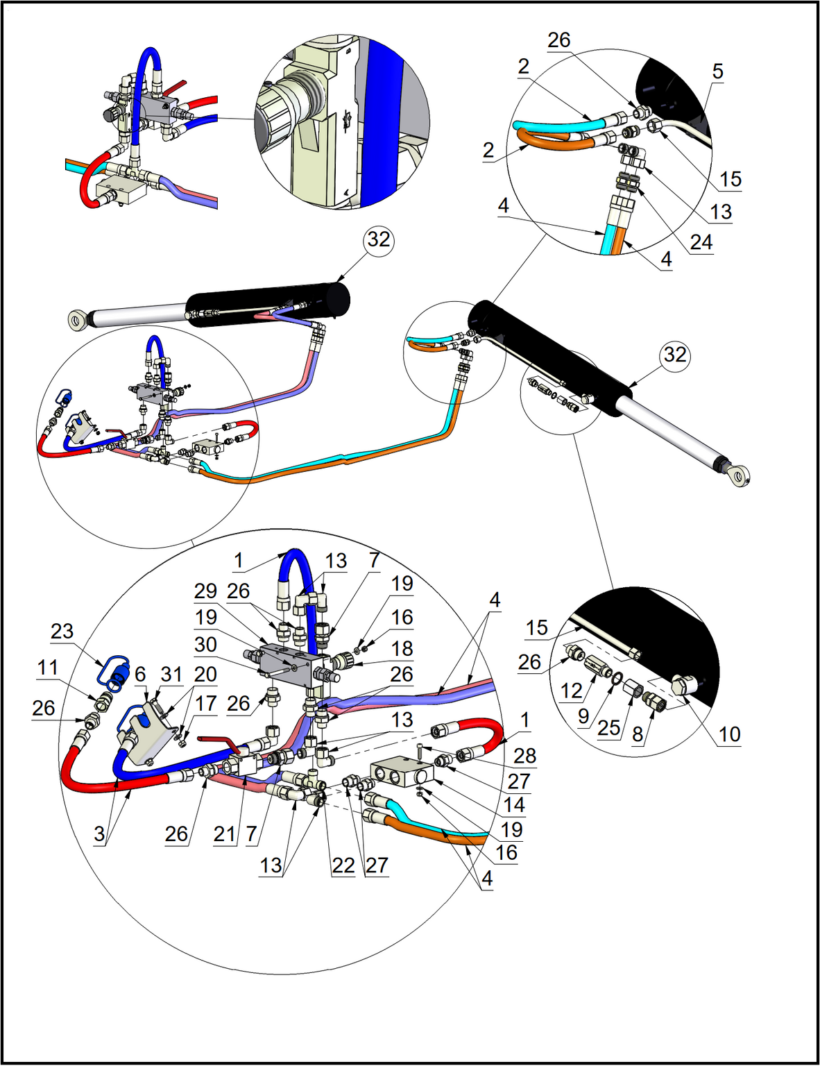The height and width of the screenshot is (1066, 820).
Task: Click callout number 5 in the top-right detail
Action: click(717, 71)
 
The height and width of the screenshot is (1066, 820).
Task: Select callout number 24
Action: click(701, 242)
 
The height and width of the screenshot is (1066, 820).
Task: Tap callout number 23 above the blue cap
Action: click(62, 631)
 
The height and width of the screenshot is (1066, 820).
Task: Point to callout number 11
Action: click(47, 668)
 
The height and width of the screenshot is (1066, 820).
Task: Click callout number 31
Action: click(171, 674)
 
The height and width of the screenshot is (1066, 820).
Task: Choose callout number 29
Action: click(205, 591)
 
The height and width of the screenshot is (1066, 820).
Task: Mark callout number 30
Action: click(205, 645)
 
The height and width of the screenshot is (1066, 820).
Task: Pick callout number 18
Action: click(402, 649)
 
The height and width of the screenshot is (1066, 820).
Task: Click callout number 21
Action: click(224, 834)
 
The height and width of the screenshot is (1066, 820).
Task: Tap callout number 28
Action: click(525, 756)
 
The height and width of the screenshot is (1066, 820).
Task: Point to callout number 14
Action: click(514, 805)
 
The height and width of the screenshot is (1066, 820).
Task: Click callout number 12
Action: click(571, 691)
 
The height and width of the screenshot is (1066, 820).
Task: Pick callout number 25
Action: click(608, 727)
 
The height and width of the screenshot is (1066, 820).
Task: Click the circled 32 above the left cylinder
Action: click(378, 239)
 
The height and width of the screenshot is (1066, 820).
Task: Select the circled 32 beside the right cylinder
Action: click(674, 355)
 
